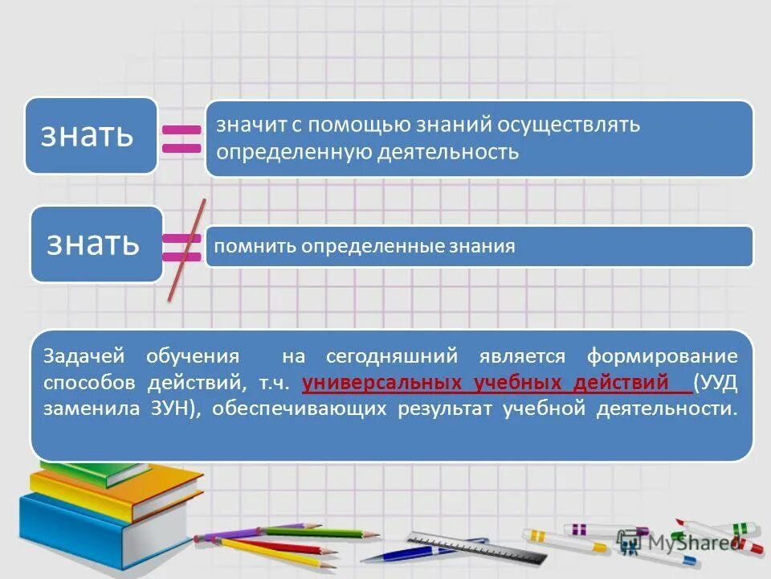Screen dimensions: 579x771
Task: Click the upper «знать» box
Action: tap(90, 135)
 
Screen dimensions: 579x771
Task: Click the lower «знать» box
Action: tap(96, 243)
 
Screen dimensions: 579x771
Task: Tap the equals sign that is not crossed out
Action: tap(182, 138)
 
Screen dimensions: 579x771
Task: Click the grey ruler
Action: tap(475, 547)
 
